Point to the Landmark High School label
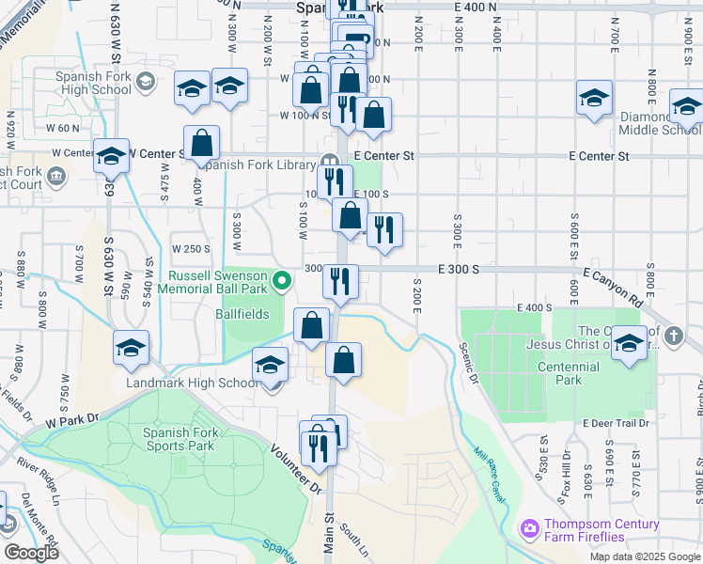(194, 384)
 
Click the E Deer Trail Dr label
(616, 423)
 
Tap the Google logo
(31, 553)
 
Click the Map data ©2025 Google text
(644, 556)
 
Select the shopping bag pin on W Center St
(201, 144)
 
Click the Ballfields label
(242, 314)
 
